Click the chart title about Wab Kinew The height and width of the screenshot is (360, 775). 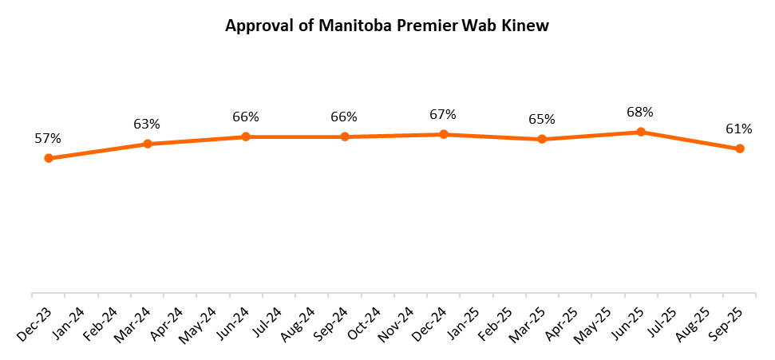pos(387,26)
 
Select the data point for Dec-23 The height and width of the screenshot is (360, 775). pos(49,158)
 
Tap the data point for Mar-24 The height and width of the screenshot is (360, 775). pos(148,144)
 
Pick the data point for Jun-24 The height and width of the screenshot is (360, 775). pos(246,136)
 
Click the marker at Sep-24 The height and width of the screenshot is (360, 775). pos(345,136)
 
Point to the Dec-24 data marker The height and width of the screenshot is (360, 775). pos(444,134)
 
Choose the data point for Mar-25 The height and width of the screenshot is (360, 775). pos(542,139)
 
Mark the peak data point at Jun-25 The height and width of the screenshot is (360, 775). pos(641,132)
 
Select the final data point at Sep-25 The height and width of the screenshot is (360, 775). pos(740,148)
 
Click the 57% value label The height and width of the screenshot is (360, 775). pos(47,138)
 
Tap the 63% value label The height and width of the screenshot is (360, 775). pos(147,124)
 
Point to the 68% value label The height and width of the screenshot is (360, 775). pos(640,112)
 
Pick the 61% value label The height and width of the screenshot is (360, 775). pos(739,129)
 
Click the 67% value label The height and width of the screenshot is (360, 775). pos(443,114)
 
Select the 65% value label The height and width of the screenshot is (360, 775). pos(541,119)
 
